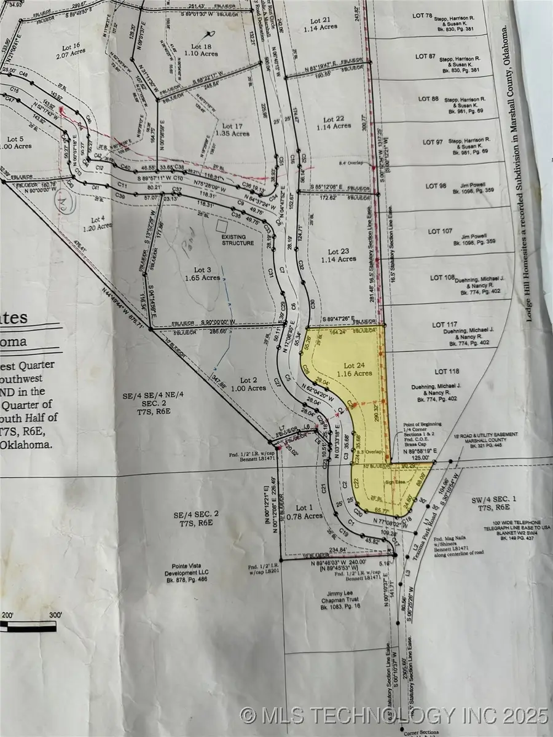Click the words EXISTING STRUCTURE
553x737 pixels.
coord(238,240)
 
